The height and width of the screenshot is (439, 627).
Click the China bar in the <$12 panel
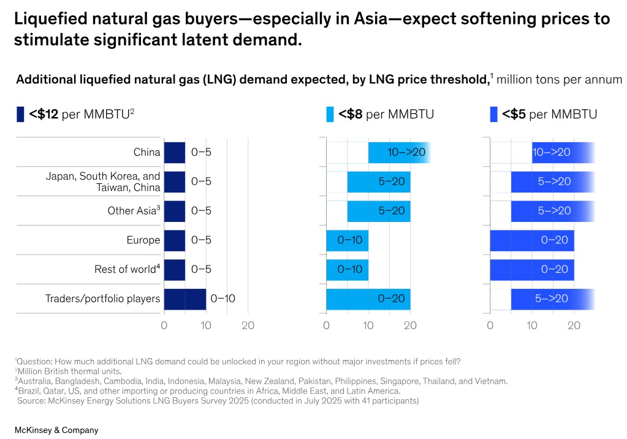[174, 153]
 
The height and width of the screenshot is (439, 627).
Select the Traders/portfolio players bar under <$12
[184, 299]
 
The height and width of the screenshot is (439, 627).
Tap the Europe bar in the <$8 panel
[347, 240]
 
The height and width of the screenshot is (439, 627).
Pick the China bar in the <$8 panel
[398, 153]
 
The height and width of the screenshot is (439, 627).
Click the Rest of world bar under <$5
[531, 270]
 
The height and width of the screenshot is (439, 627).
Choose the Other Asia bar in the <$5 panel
[552, 211]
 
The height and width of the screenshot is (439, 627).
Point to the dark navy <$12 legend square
[20, 114]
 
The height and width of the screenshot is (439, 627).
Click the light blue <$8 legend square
[330, 114]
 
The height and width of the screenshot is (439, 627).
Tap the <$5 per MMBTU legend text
[549, 114]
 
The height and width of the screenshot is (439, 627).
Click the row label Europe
[143, 240]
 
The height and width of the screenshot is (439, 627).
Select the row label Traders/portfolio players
[102, 299]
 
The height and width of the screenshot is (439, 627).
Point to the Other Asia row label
[134, 211]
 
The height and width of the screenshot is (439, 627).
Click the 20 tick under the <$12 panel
[248, 326]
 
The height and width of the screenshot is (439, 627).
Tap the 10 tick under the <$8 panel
[368, 326]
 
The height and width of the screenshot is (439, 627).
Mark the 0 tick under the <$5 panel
[490, 326]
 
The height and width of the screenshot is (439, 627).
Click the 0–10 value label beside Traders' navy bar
[222, 299]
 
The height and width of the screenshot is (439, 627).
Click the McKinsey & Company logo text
[56, 430]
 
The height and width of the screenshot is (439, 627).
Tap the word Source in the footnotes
[31, 401]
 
